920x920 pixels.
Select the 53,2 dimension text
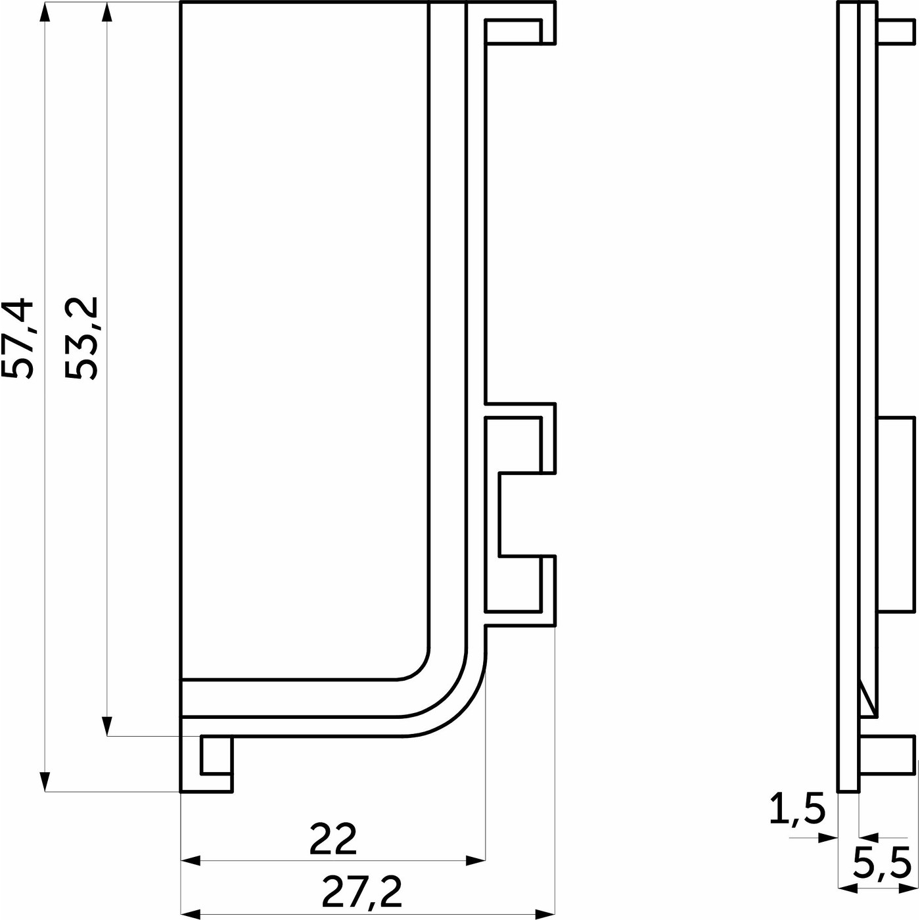[81, 338]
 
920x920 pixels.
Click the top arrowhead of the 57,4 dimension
[45, 11]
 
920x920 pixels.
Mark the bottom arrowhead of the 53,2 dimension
[107, 726]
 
